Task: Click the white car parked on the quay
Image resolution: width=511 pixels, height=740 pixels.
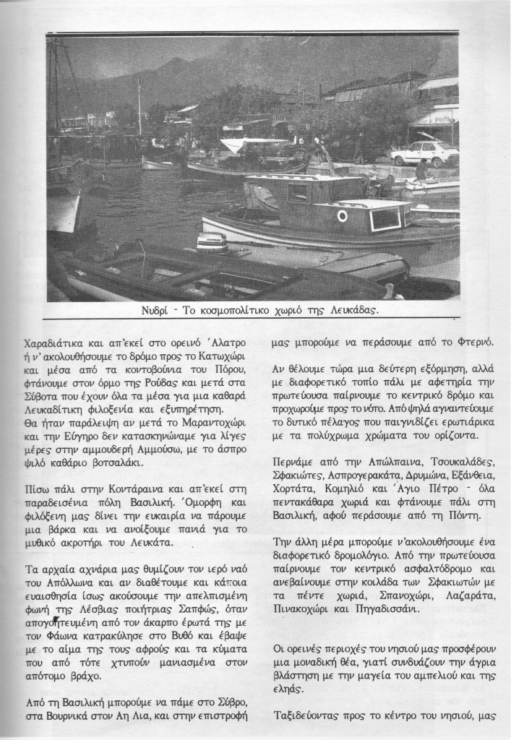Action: click(x=424, y=153)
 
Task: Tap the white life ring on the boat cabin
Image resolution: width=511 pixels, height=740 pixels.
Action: click(x=342, y=215)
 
